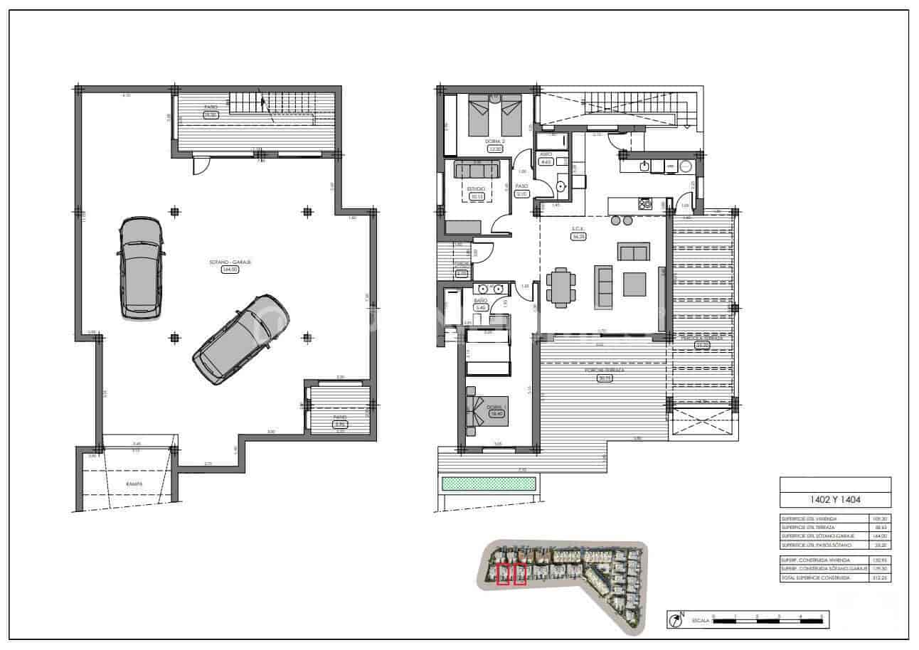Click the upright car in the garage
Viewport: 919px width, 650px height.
tap(141, 267)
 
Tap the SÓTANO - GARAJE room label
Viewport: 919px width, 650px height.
tap(230, 262)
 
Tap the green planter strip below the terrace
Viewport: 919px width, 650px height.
tap(489, 484)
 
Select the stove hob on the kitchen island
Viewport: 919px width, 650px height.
tap(645, 204)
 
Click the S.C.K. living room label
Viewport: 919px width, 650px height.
tap(578, 229)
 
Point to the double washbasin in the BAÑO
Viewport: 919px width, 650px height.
tap(490, 289)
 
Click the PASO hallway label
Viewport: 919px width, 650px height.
tap(521, 186)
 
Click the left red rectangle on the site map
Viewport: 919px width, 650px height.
tap(504, 574)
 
